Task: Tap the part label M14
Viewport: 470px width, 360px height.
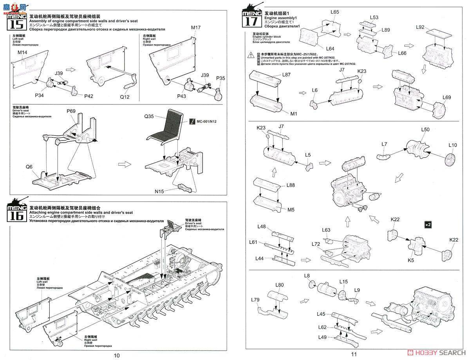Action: pyautogui.click(x=22, y=52)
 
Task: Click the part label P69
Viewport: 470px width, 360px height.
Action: pyautogui.click(x=71, y=111)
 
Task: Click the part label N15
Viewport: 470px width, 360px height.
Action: pyautogui.click(x=159, y=191)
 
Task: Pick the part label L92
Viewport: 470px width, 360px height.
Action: pyautogui.click(x=420, y=27)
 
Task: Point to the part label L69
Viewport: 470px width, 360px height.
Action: pyautogui.click(x=447, y=97)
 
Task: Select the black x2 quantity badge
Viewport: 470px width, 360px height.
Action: pyautogui.click(x=428, y=225)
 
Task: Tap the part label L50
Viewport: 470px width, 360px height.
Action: pyautogui.click(x=425, y=130)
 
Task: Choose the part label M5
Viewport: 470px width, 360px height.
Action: pyautogui.click(x=291, y=210)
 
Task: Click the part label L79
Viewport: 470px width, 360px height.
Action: pyautogui.click(x=255, y=300)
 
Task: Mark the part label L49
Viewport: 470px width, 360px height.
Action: pyautogui.click(x=322, y=337)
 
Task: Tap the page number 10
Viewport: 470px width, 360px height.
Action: pyautogui.click(x=117, y=355)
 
